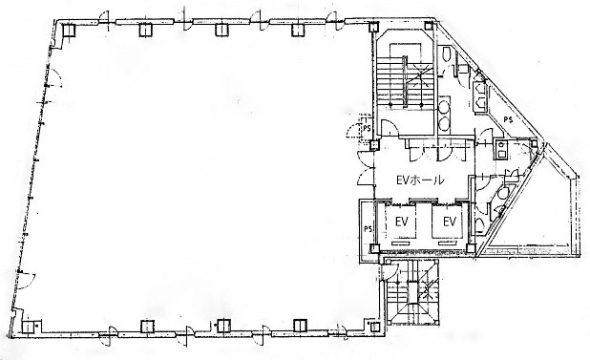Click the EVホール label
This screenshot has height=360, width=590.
pos(420,180)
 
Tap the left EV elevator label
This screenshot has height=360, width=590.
pos(402,222)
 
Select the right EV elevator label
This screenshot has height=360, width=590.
pos(450,222)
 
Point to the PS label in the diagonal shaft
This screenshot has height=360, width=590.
pos(508,120)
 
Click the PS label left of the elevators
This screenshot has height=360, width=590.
pos(368,228)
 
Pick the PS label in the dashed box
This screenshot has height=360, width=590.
pos(367,128)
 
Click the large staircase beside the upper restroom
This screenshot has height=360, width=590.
pos(405,81)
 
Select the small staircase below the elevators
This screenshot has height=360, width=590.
pos(412,291)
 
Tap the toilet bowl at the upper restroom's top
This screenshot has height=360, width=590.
pos(447,53)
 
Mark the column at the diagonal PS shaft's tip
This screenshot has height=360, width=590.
pos(535,143)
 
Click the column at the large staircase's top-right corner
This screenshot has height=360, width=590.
pos(429,26)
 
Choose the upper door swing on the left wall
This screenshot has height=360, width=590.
pos(54,78)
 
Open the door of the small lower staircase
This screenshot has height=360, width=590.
pos(390,271)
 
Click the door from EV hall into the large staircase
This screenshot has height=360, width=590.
pos(390,127)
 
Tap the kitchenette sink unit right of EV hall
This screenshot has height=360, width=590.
pos(501,148)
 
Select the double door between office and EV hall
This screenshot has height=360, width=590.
pos(366,168)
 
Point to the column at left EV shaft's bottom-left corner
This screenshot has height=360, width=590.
pos(374,248)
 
